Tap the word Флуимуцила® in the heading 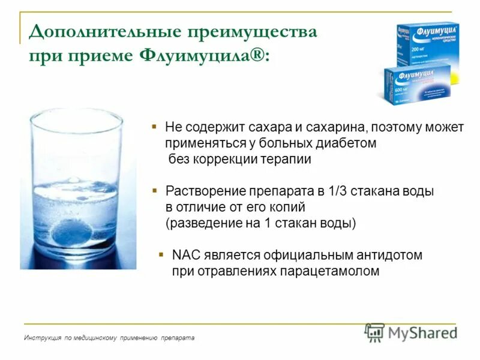pyautogui.click(x=204, y=56)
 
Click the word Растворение pyautogui.click(x=203, y=191)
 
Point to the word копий pyautogui.click(x=289, y=208)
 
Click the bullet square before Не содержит pyautogui.click(x=154, y=127)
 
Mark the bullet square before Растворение pyautogui.click(x=154, y=190)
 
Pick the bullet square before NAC pyautogui.click(x=161, y=254)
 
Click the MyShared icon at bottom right pyautogui.click(x=374, y=332)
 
